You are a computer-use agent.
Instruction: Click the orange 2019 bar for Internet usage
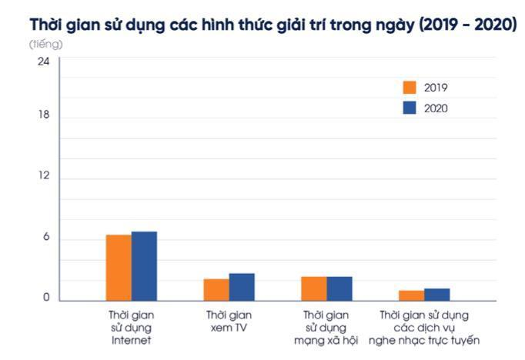tap(119, 268)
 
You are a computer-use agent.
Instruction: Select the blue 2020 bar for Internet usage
tap(144, 266)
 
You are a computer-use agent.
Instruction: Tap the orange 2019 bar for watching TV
tap(216, 289)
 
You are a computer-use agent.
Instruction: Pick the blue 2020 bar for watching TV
tap(242, 287)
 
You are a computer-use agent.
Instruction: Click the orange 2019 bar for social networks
tap(313, 288)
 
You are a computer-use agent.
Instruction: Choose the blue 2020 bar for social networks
tap(339, 288)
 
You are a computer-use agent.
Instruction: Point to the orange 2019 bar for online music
tap(411, 295)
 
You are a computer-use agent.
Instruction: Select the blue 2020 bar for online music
tap(436, 295)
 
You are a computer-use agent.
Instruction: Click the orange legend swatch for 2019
tap(410, 88)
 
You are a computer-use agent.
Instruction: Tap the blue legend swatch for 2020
tap(410, 108)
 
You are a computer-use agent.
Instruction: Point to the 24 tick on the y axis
tap(44, 61)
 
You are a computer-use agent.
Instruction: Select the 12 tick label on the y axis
tap(44, 175)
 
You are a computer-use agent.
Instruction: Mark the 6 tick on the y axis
tap(46, 237)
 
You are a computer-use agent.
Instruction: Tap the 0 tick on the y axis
tap(46, 298)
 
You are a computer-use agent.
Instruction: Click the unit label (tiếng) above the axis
tap(46, 44)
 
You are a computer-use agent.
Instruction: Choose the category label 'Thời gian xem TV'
tap(229, 321)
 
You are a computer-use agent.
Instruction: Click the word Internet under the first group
tap(131, 340)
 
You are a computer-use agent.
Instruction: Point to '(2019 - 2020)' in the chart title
tap(464, 23)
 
